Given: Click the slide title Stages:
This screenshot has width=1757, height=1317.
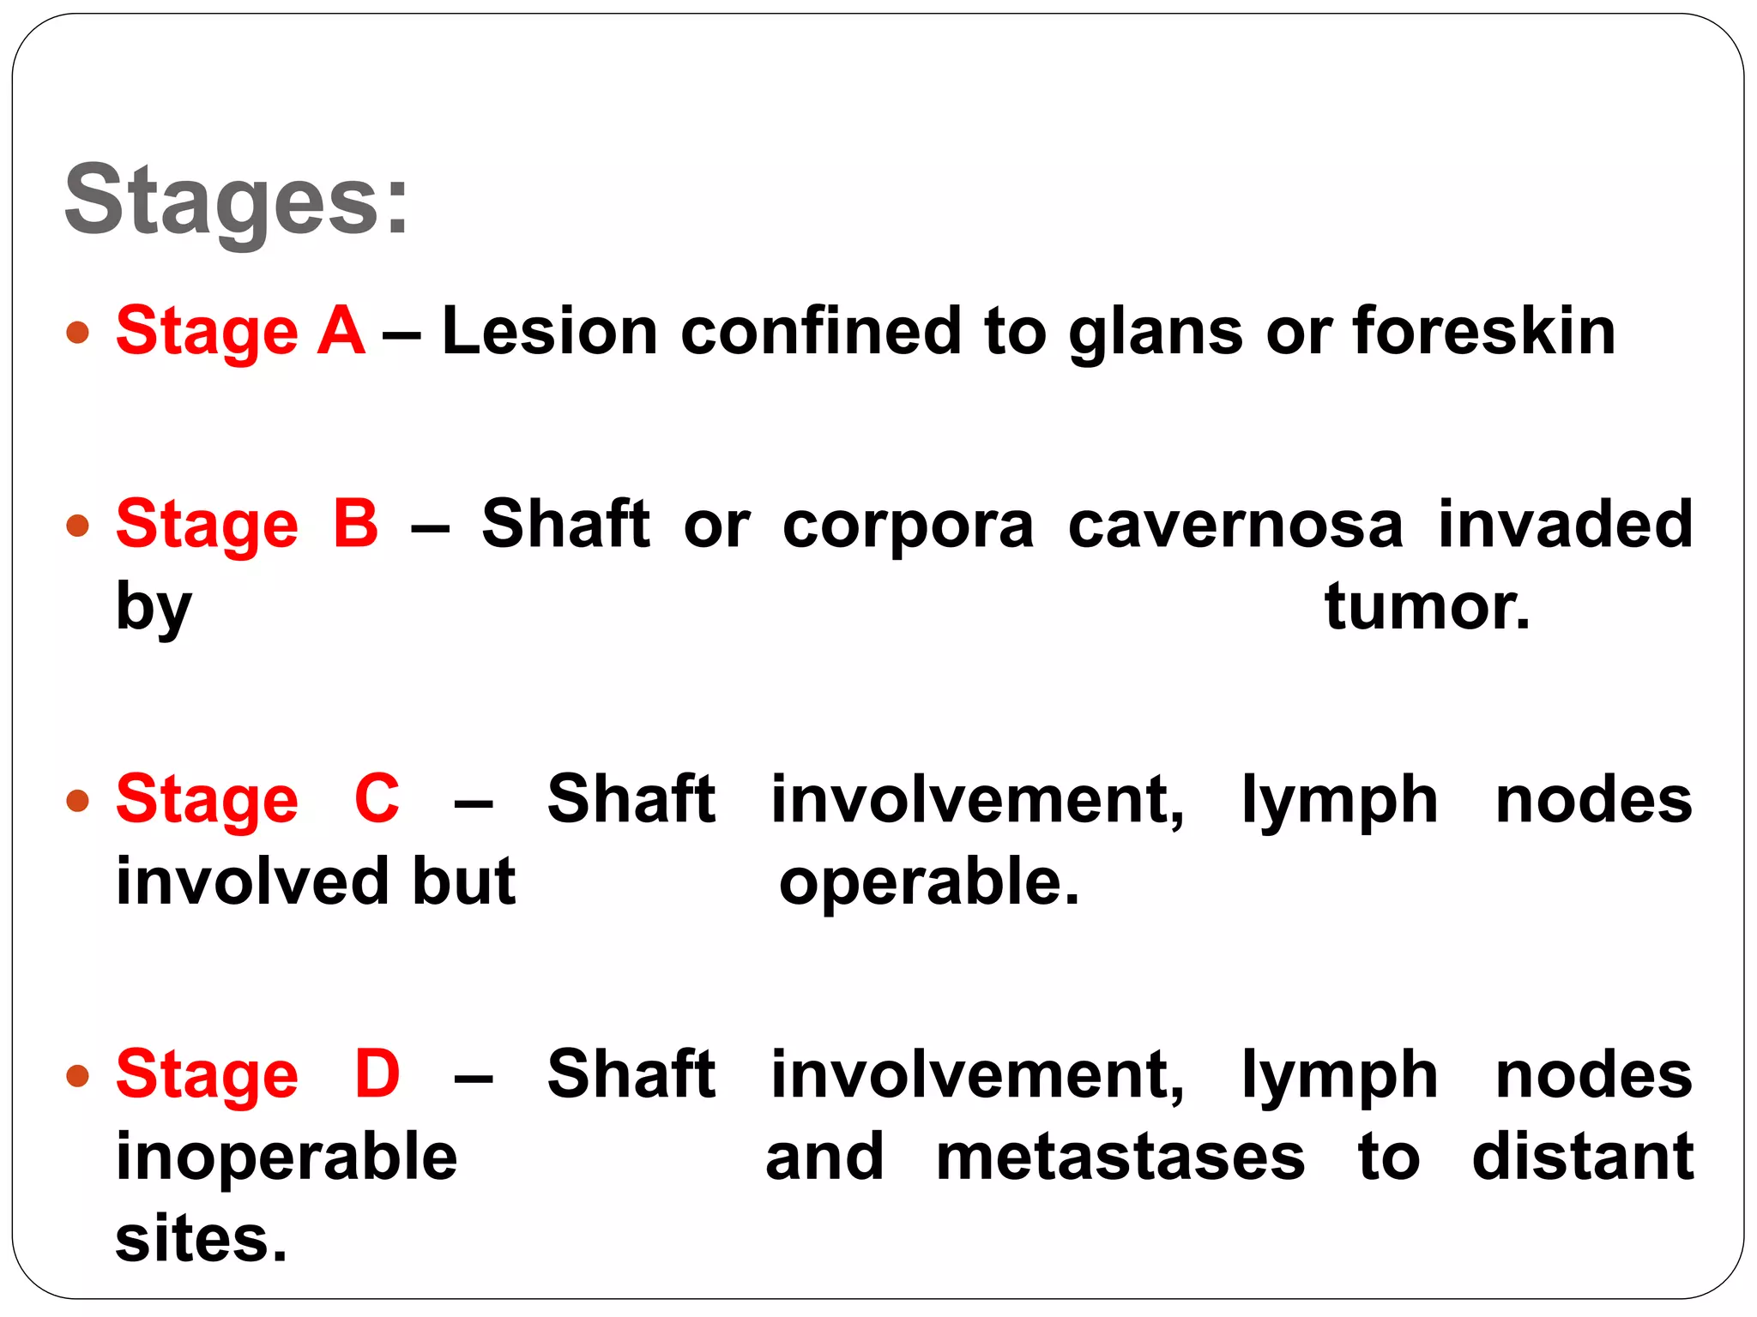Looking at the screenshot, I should click(237, 200).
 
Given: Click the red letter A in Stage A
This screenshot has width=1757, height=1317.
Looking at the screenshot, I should click(341, 331).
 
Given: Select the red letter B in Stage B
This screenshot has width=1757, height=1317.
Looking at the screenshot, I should click(356, 524).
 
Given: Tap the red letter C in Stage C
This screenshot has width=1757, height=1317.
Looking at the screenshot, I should click(377, 799).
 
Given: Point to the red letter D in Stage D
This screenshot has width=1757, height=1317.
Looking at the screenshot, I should click(377, 1074).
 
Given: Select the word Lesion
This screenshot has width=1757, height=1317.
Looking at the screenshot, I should click(549, 331).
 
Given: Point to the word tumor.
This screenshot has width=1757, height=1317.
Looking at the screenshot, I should click(1426, 607).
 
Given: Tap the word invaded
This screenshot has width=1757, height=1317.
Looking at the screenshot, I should click(1565, 524).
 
